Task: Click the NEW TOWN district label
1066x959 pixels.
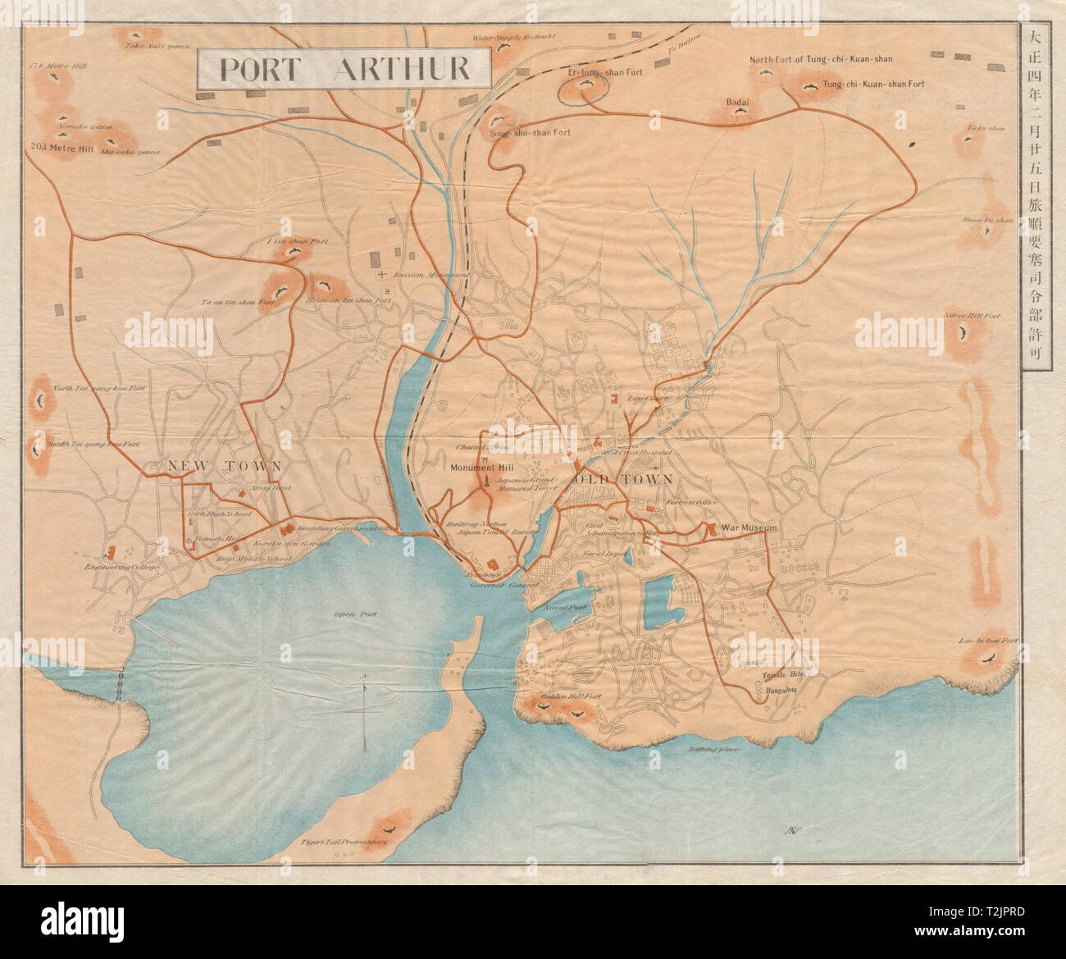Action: (x=225, y=466)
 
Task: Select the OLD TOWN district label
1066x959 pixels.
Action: (x=623, y=478)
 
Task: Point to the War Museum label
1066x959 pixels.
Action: (x=748, y=528)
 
